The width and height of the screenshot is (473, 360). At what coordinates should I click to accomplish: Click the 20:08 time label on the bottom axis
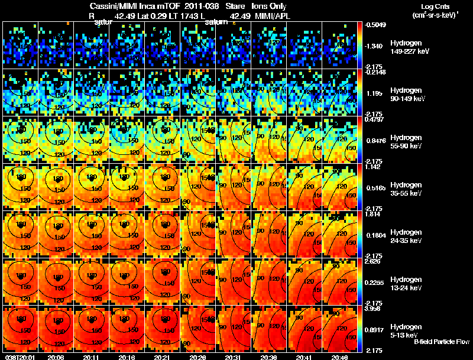pos(56,356)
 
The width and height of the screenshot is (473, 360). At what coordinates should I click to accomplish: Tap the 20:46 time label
pos(339,356)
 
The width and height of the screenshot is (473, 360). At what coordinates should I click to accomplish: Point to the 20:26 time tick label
pos(197,356)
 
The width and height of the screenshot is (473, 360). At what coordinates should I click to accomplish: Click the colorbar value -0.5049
pos(376,25)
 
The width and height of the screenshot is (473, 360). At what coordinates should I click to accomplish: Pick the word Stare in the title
pos(235,7)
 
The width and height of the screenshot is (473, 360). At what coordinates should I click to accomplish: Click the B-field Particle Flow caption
pos(442,342)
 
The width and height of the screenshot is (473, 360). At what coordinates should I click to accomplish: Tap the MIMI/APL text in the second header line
pos(270,16)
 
